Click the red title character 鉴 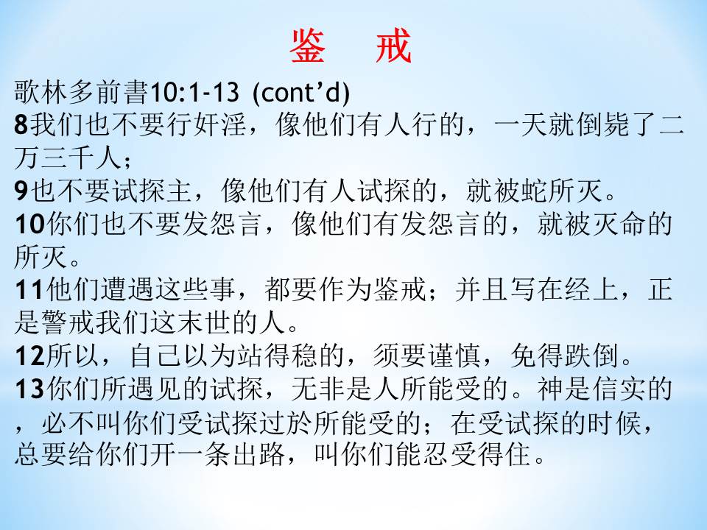click(x=307, y=46)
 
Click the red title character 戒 click(x=393, y=46)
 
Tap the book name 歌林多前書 click(x=81, y=92)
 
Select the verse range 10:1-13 click(x=194, y=92)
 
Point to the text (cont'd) click(x=300, y=93)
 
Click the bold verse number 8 click(x=21, y=125)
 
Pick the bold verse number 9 click(x=21, y=191)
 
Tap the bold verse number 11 click(x=29, y=290)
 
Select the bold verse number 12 click(x=29, y=356)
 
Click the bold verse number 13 click(x=29, y=389)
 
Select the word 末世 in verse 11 click(x=204, y=322)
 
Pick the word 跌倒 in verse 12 click(x=591, y=356)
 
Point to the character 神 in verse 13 click(x=550, y=389)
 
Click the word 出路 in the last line click(x=258, y=454)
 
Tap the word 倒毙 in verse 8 click(x=602, y=124)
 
